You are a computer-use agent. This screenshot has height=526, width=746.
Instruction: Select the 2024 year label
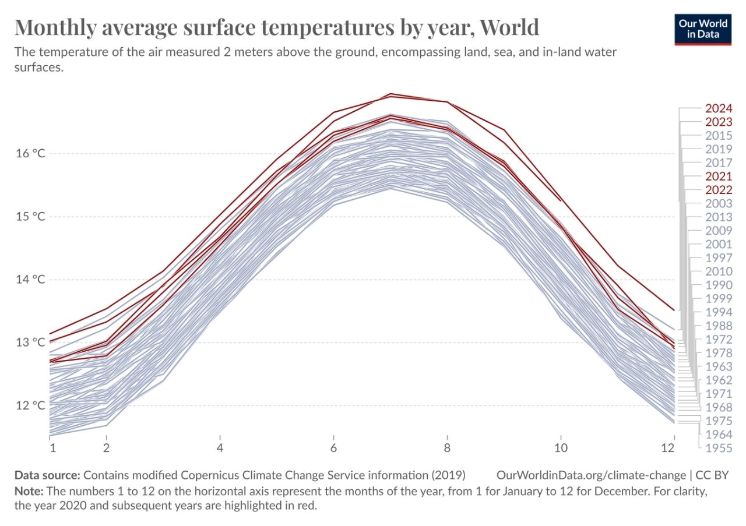point(718,108)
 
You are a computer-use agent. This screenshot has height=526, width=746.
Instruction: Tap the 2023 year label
point(718,122)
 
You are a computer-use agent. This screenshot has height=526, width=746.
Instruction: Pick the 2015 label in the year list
point(718,135)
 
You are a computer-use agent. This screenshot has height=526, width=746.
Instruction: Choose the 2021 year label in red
point(718,176)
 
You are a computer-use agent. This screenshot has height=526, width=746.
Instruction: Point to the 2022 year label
point(718,189)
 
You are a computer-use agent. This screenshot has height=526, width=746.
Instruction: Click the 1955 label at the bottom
point(718,447)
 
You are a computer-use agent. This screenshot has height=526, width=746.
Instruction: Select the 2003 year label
point(718,203)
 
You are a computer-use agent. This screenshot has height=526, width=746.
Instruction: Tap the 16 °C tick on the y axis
point(31,154)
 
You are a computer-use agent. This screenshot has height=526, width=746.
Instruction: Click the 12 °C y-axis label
point(31,405)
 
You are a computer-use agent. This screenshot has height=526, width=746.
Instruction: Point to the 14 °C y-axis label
point(31,280)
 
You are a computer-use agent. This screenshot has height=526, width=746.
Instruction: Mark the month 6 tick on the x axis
point(333,447)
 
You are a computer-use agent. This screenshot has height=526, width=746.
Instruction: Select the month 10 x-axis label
point(560,447)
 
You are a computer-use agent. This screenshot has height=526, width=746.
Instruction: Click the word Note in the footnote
point(26,490)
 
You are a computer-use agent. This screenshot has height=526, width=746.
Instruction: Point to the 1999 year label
point(718,298)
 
